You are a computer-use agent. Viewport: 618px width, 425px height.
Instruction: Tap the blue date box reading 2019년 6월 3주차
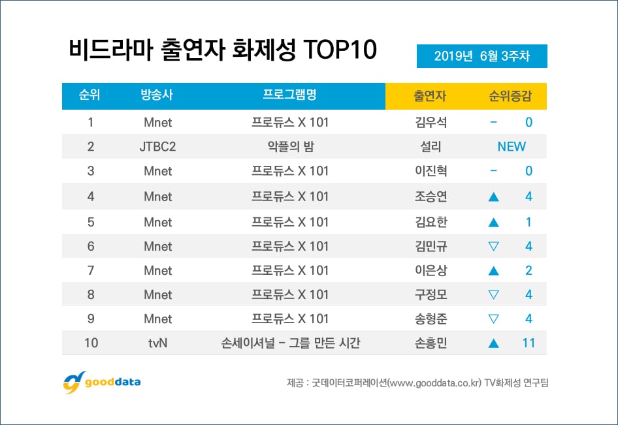[481, 56]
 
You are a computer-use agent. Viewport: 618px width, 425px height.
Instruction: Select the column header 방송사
[157, 96]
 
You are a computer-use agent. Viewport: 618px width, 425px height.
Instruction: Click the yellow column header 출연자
[430, 96]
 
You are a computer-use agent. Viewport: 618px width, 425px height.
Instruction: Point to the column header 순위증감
[510, 96]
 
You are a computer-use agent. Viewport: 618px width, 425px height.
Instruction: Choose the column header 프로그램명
[289, 95]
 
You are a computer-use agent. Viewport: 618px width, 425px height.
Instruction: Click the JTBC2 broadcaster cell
[157, 146]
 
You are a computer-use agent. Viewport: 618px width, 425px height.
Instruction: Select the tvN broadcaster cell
[157, 343]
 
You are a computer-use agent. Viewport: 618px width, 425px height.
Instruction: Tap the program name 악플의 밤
[290, 146]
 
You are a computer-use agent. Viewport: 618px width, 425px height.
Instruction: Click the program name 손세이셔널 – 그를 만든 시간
[290, 343]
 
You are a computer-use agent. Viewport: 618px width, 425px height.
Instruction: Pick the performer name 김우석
[430, 122]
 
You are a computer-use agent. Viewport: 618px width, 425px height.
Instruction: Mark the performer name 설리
[430, 146]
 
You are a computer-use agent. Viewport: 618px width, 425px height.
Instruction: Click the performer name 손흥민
[430, 343]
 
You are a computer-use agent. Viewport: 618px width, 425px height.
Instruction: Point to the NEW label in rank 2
[512, 146]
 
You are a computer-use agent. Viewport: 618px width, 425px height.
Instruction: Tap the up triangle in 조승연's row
[494, 197]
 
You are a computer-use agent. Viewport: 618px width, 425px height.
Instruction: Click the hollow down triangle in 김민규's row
[494, 246]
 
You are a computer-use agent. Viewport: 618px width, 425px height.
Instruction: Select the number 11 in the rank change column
[529, 343]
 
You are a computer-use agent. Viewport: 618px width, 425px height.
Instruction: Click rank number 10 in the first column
[91, 343]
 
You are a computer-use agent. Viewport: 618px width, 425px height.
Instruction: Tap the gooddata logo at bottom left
[102, 382]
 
